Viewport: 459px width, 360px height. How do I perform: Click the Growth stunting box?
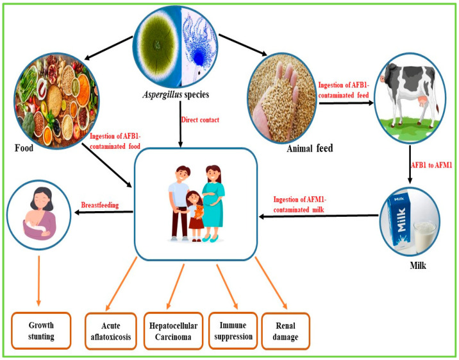point(41,330)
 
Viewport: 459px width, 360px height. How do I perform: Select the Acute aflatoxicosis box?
point(111,331)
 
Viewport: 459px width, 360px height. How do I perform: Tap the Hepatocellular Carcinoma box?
point(173,331)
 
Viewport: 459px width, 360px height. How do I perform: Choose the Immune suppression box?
point(233,330)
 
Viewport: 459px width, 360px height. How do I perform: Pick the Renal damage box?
point(285,331)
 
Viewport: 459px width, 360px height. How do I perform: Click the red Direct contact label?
point(200,120)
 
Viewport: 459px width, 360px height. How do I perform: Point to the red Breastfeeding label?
point(100,205)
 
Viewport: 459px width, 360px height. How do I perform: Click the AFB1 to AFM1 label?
point(432,165)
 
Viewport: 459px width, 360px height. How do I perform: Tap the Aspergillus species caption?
point(176,94)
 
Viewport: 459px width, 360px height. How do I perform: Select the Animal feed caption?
point(310,148)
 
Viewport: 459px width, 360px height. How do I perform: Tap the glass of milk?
point(425,237)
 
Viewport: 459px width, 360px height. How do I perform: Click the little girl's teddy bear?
point(199,212)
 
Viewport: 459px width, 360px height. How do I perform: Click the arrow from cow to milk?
point(410,164)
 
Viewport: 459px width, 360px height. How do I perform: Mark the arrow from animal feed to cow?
point(346,103)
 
